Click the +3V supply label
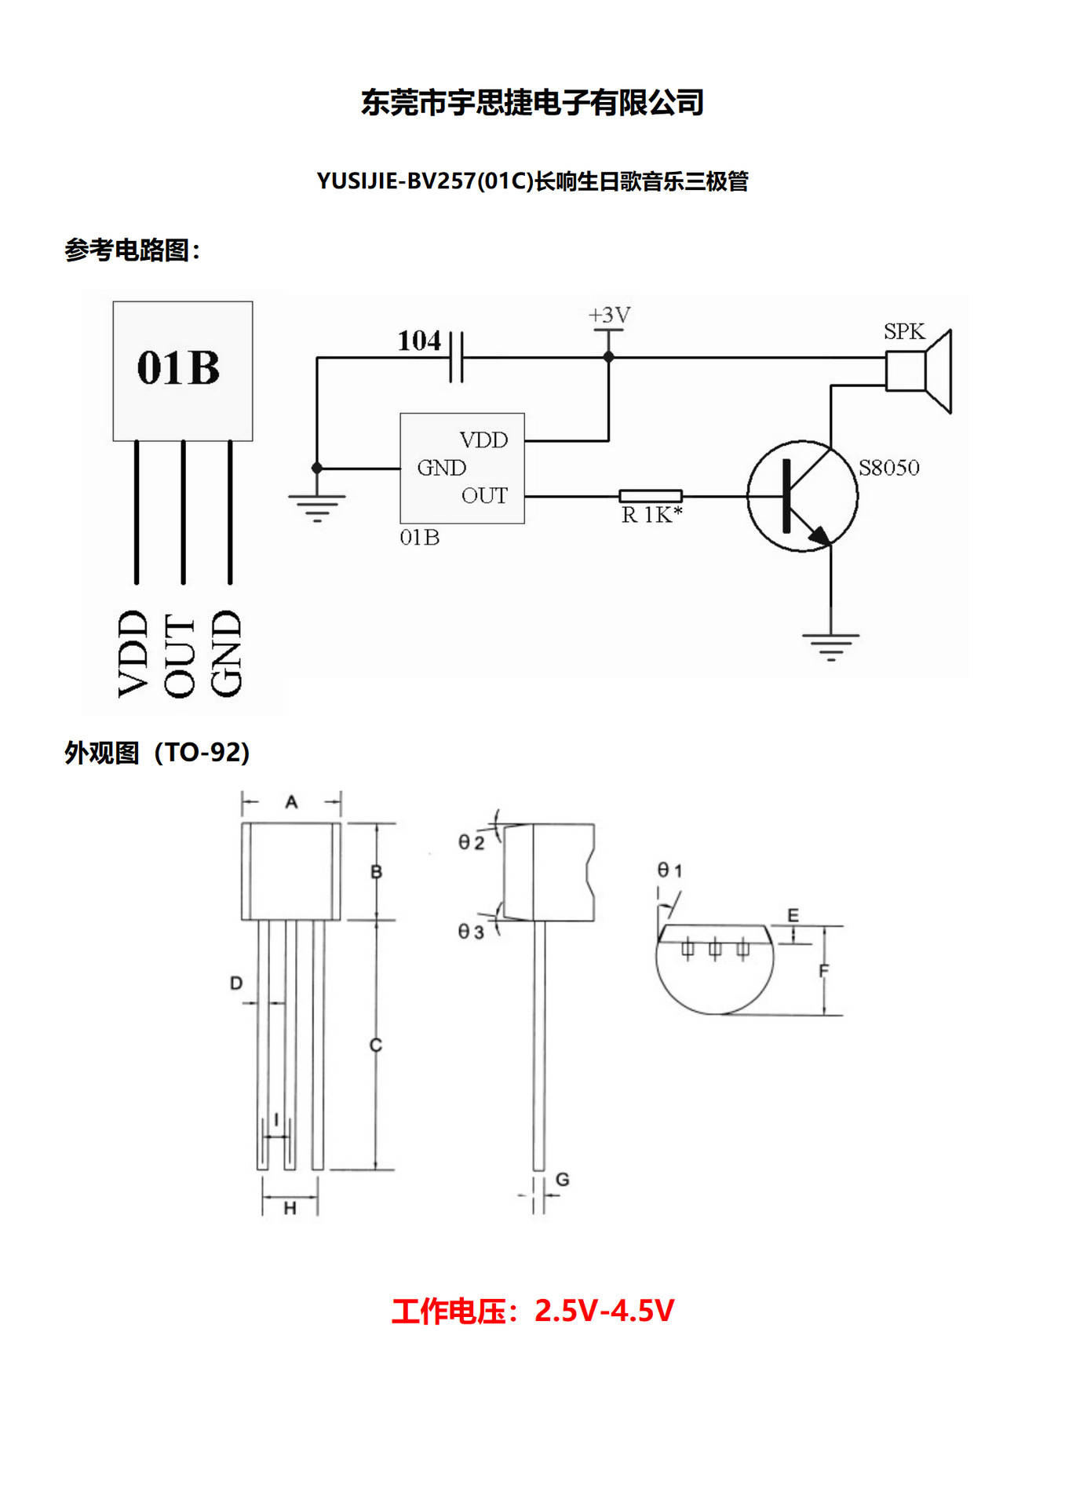[x=609, y=316]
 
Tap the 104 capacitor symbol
[x=456, y=356]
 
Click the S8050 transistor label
[x=888, y=468]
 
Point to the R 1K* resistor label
[x=651, y=515]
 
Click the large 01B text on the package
[x=178, y=367]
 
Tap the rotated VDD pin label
[x=133, y=653]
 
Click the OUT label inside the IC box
[x=484, y=496]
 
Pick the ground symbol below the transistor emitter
[x=830, y=645]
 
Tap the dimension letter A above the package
[x=291, y=802]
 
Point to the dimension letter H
[x=290, y=1209]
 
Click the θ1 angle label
[x=669, y=870]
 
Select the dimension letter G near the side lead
[x=562, y=1179]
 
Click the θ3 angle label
[x=471, y=932]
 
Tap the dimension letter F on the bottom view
[x=823, y=971]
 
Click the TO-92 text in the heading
[x=202, y=753]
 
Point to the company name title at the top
[x=532, y=103]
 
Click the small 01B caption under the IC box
[x=419, y=538]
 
